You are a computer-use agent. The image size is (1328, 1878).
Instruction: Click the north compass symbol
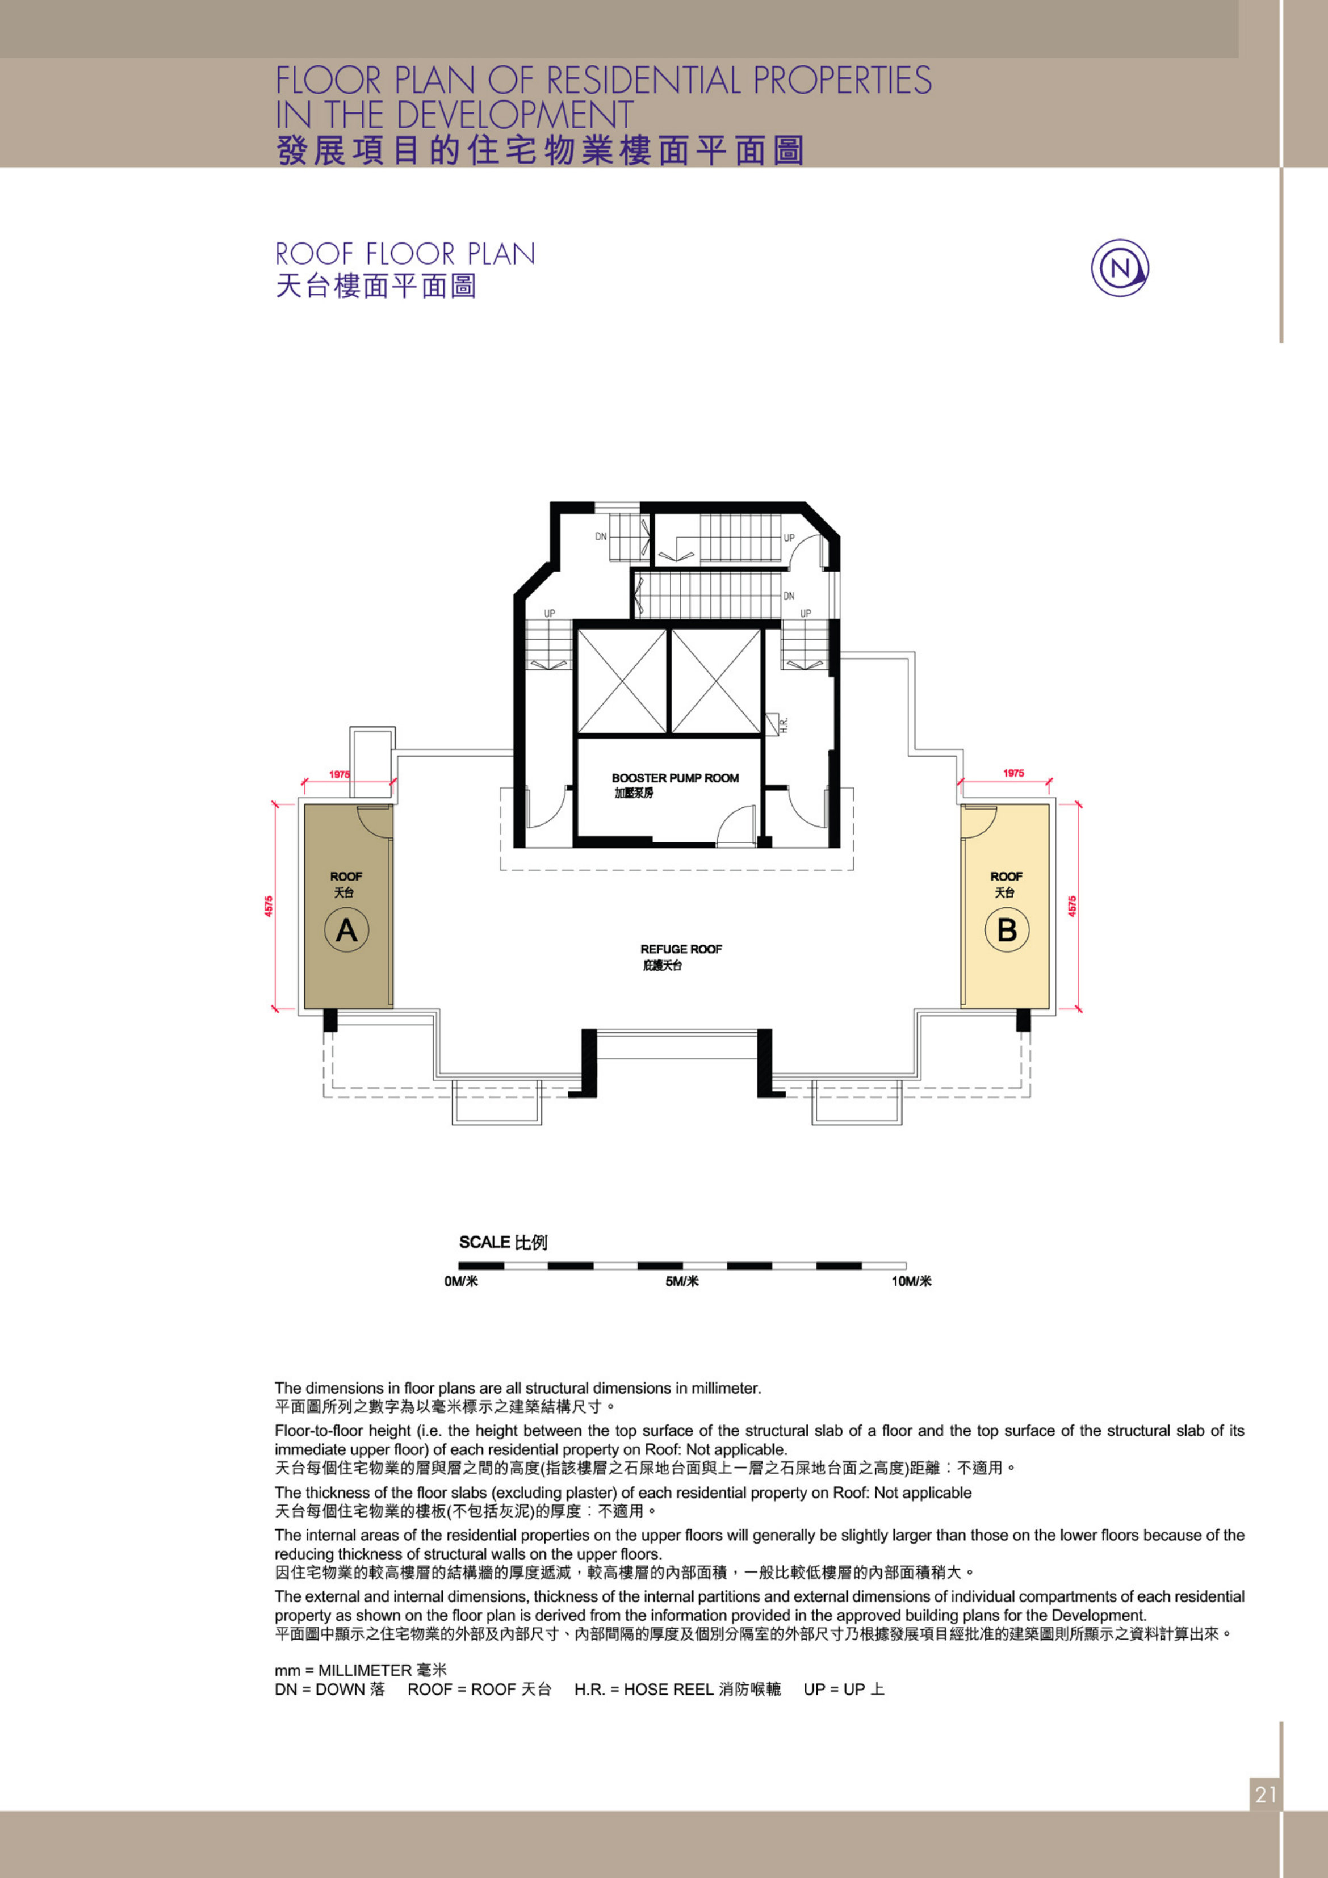point(1120,267)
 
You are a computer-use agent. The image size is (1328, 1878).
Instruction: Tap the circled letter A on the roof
point(347,930)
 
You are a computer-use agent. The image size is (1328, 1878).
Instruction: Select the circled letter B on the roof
point(1007,930)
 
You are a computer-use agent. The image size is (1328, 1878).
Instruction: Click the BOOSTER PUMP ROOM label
point(675,778)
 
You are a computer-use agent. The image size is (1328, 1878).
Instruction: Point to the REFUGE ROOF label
point(681,949)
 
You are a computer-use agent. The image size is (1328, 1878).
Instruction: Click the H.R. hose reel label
point(783,724)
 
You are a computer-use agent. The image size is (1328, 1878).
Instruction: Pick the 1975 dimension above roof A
point(340,774)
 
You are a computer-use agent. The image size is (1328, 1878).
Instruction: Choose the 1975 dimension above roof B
point(1013,773)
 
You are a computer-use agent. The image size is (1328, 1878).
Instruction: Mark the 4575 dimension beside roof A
point(269,906)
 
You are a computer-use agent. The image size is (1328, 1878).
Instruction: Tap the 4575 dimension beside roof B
point(1072,906)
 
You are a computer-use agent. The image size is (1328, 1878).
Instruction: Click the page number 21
point(1266,1795)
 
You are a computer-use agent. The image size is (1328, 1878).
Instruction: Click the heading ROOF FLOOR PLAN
point(405,254)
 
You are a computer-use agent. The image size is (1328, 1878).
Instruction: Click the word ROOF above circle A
point(346,876)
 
